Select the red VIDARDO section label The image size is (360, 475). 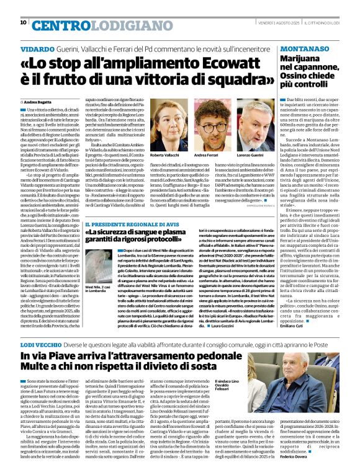pyautogui.click(x=37, y=48)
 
